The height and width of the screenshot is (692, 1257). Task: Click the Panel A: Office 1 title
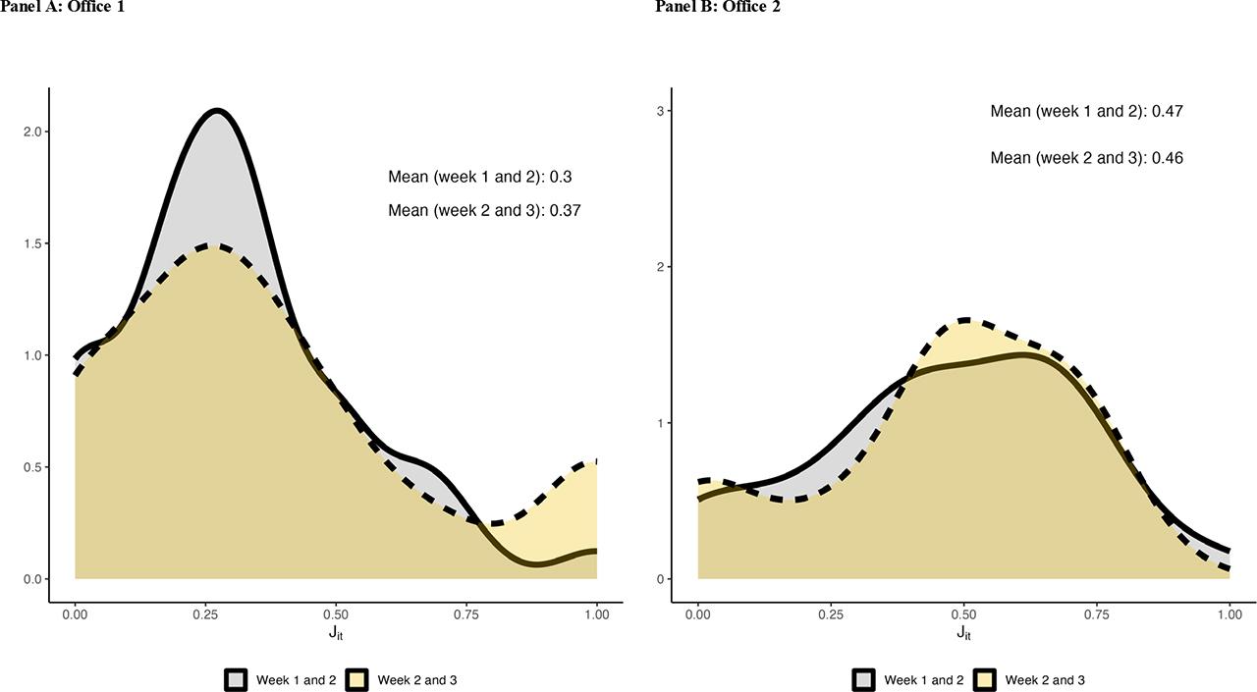coord(62,7)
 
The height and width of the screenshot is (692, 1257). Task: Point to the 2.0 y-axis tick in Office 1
coord(35,132)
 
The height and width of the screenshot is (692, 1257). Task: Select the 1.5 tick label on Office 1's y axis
coord(35,243)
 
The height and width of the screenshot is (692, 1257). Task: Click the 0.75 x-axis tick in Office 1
coord(466,614)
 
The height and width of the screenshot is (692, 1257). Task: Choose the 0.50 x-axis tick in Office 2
coord(963,614)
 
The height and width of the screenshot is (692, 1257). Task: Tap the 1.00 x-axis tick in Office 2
coord(1230,614)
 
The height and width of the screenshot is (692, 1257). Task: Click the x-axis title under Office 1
coord(336,633)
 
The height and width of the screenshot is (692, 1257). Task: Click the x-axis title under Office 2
coord(963,633)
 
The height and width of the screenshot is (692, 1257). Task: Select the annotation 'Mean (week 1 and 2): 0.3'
coord(480,178)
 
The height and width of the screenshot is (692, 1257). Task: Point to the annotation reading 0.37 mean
coord(485,210)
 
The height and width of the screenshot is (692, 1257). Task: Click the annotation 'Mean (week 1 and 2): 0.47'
coord(1086,112)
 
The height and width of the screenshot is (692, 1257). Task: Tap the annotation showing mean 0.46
coord(1086,158)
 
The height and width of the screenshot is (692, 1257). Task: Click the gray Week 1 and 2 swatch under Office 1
coord(236,680)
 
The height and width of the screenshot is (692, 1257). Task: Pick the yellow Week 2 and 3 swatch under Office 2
coord(985,680)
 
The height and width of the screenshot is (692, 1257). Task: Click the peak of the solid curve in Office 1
coord(216,111)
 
